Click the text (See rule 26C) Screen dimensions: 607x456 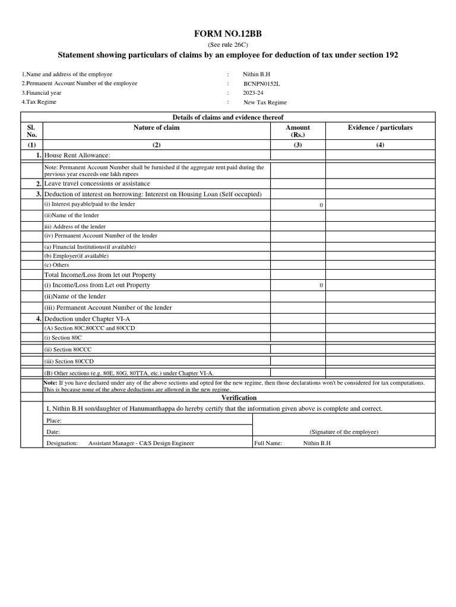pos(228,45)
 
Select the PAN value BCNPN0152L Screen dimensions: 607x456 pos(261,84)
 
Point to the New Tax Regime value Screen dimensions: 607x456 pos(265,103)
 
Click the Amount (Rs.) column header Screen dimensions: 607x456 pos(297,131)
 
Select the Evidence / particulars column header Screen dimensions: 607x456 pos(380,127)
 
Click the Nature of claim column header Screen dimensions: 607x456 pos(156,127)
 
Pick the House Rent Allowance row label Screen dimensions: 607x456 pos(77,155)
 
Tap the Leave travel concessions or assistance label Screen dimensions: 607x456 pos(97,184)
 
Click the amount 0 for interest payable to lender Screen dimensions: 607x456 pos(321,205)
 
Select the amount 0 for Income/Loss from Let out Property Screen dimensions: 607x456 pos(321,285)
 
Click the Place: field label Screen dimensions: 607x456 pos(54,420)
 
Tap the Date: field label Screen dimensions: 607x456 pos(53,432)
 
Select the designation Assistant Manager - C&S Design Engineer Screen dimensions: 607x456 pos(141,443)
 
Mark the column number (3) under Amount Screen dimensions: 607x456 pos(297,144)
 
